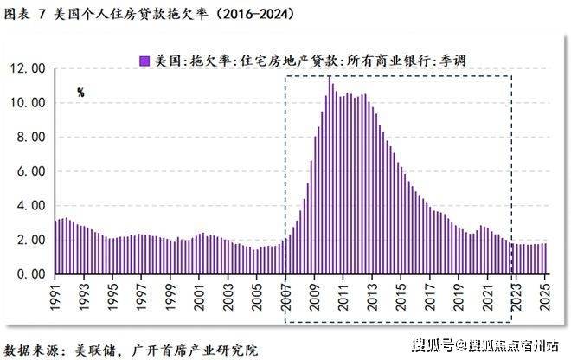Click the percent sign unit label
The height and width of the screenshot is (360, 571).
80,92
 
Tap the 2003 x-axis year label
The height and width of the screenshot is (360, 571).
228,295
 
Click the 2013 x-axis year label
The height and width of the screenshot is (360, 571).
370,295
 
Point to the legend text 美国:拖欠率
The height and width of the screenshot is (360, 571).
185,61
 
